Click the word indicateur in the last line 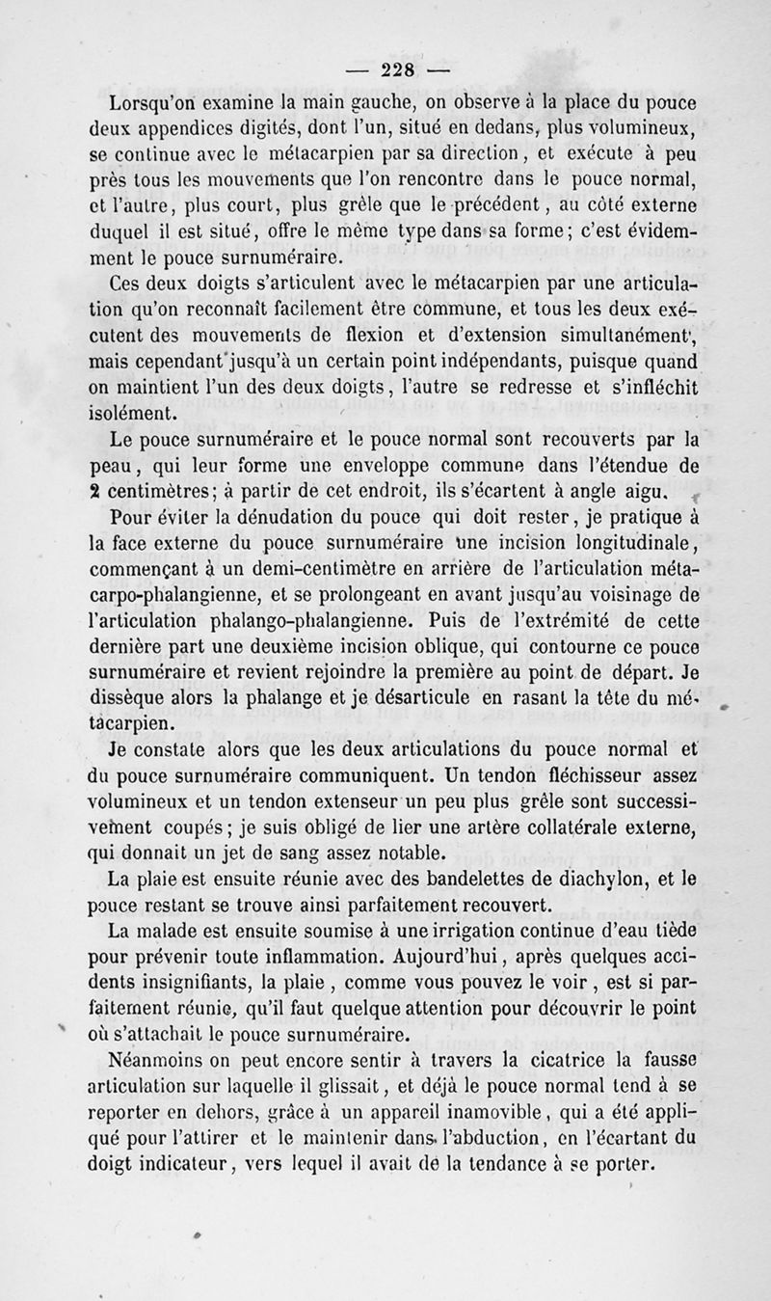click(x=171, y=1165)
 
